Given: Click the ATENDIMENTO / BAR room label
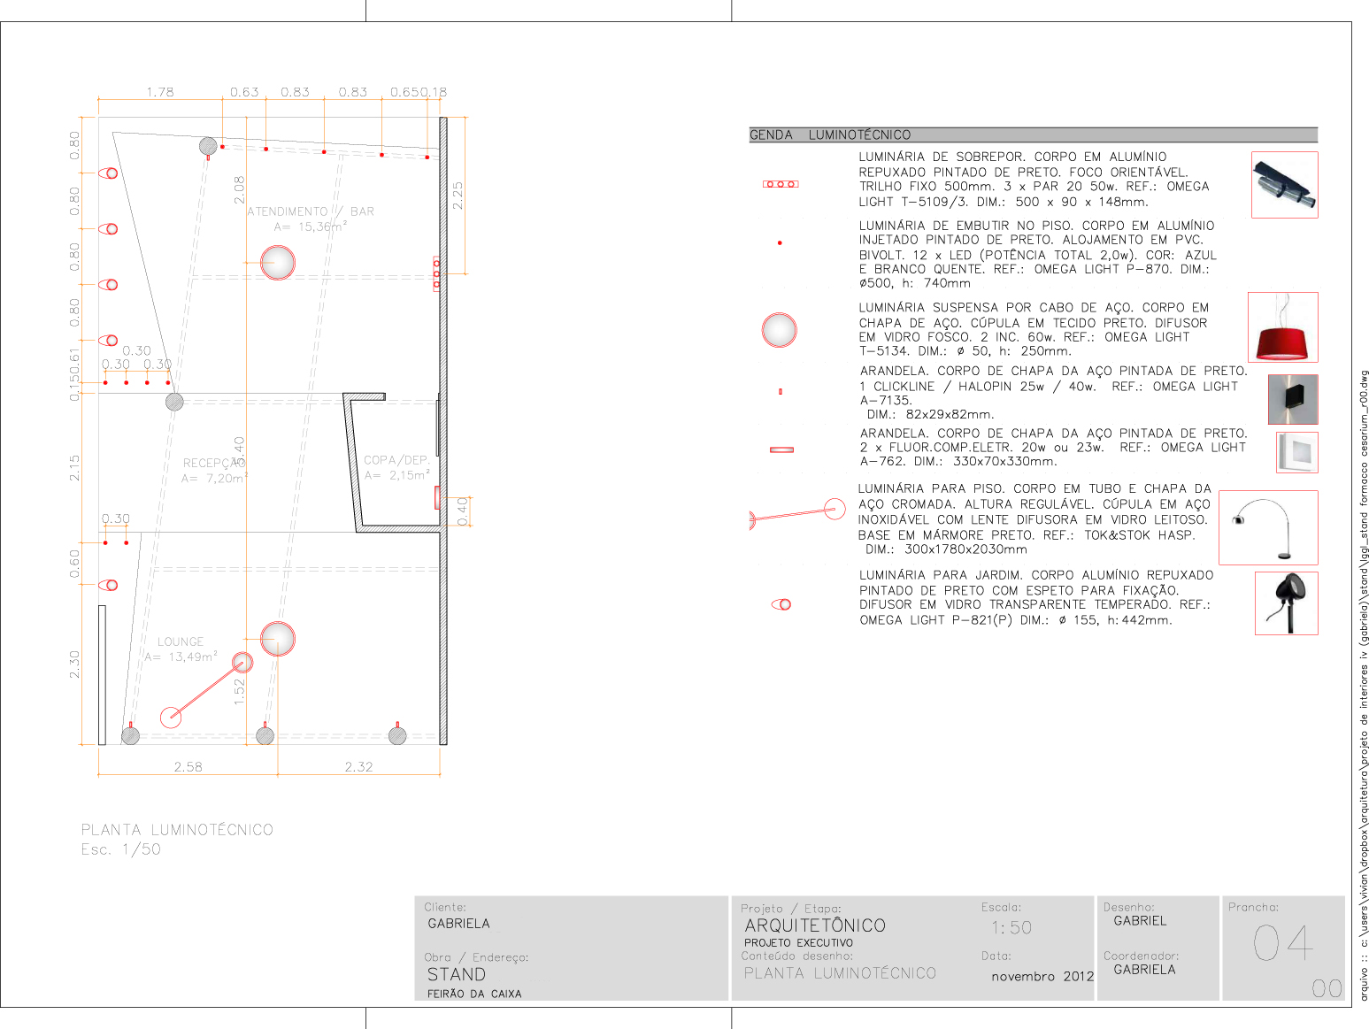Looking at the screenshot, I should (310, 212).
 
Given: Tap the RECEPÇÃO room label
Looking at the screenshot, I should (212, 464).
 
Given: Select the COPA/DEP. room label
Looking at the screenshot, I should (396, 461).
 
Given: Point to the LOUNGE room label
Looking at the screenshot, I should (181, 642).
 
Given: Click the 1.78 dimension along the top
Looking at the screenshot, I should (160, 92).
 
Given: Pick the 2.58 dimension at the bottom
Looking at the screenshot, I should (188, 767).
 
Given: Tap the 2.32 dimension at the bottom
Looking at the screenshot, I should (358, 767).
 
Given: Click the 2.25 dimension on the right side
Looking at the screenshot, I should (458, 196).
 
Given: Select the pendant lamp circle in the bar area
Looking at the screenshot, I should (278, 263).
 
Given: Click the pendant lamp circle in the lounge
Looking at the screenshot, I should (278, 639).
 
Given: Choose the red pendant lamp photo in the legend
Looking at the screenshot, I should (1283, 327).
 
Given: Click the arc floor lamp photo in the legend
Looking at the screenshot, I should (1268, 527).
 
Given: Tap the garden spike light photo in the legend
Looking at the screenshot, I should (1287, 603).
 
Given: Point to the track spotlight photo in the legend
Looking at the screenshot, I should (1285, 184).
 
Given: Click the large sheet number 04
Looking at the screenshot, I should (1283, 942).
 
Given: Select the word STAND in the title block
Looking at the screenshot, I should (457, 975).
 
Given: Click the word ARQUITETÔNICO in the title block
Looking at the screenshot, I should (815, 925).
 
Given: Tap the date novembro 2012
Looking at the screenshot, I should (1042, 977).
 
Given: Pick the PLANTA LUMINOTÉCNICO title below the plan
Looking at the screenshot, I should (177, 830).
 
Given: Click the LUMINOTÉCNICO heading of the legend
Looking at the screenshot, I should (859, 135).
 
